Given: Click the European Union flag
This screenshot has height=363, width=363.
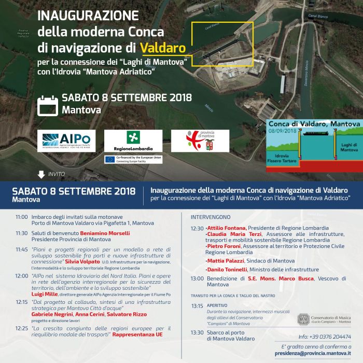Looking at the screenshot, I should click(x=110, y=159).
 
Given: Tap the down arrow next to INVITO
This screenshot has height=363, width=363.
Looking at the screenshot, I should click(x=41, y=174).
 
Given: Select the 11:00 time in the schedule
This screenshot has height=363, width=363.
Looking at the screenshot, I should click(x=22, y=217).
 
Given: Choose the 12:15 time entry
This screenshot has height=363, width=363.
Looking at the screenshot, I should click(x=22, y=301).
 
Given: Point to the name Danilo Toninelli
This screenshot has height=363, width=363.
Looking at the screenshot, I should click(x=227, y=270).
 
